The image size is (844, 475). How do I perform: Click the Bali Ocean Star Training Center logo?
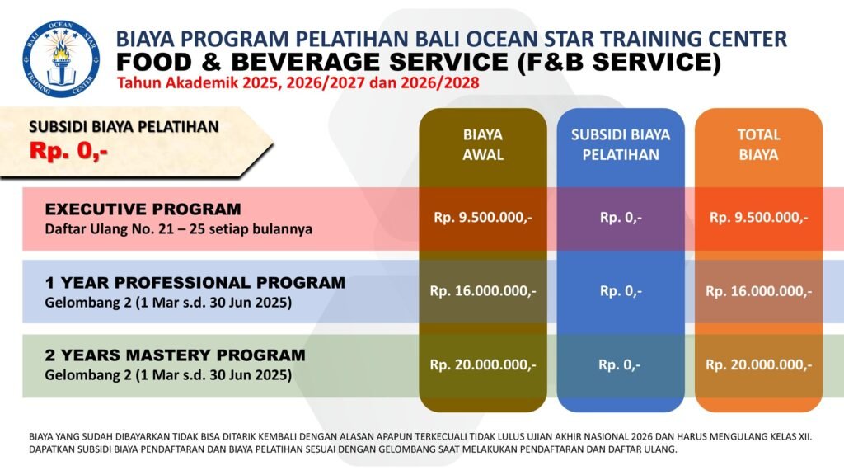[x=61, y=59]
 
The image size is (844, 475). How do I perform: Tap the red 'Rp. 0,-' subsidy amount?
[x=69, y=151]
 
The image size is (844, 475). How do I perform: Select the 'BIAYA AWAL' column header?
[x=483, y=144]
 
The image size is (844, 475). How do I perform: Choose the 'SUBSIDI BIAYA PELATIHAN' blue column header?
[x=621, y=144]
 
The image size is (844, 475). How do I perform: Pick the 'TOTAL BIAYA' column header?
[x=758, y=144]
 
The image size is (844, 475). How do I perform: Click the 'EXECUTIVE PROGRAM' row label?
[x=143, y=209]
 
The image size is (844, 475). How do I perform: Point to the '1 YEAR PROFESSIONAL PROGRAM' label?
[x=195, y=282]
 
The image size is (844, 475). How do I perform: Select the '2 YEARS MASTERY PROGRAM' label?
[x=175, y=355]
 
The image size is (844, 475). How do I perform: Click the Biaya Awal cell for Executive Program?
[x=483, y=218]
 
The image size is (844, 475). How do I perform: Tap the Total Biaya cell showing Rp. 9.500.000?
[x=758, y=218]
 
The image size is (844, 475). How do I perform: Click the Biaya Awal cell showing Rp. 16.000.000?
[x=483, y=291]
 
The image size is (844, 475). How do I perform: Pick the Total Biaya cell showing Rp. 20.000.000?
[x=758, y=365]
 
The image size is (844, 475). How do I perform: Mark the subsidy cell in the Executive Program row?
[x=621, y=218]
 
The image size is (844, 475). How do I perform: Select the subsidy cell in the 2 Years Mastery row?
[x=620, y=365]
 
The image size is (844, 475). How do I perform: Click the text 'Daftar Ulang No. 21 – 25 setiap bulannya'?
[x=178, y=229]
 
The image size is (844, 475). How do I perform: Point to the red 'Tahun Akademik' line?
[x=298, y=83]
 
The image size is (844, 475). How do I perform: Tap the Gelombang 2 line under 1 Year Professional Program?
[x=168, y=302]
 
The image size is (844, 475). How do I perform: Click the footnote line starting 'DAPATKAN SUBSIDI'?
[x=353, y=449]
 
